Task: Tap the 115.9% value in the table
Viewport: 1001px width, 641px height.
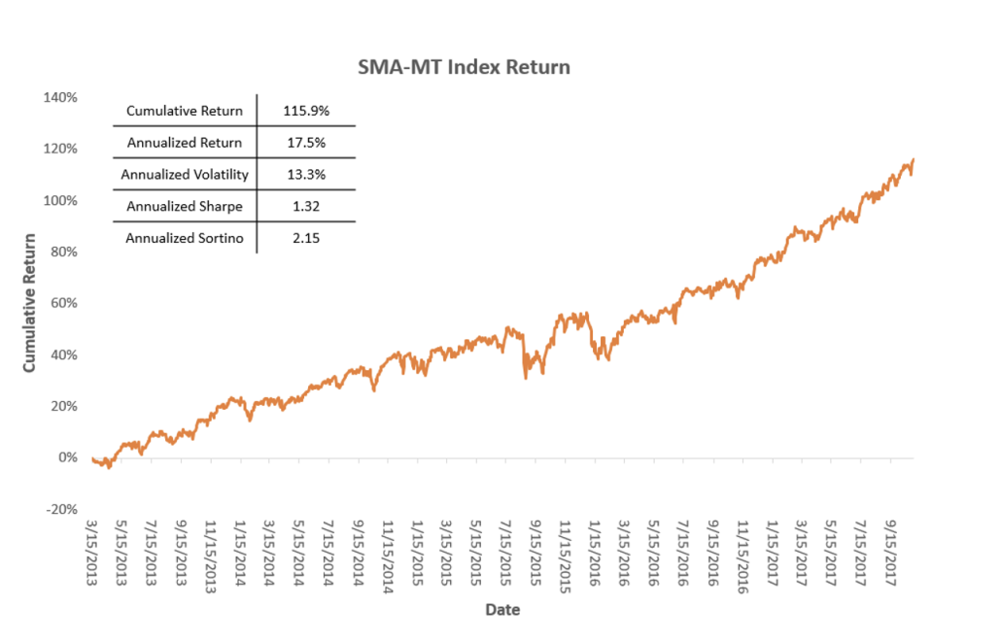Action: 306,111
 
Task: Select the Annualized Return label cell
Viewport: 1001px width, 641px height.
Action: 185,143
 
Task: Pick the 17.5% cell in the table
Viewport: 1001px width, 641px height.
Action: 306,143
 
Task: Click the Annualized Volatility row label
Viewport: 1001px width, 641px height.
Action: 185,175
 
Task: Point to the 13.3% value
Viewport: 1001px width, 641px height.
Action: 306,175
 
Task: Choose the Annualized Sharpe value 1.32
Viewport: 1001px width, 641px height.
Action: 306,207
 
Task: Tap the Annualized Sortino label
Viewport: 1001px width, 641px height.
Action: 185,239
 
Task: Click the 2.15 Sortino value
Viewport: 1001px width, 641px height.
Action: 306,239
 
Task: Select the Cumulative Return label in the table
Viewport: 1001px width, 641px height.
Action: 185,111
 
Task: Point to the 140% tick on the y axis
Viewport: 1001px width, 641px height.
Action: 60,97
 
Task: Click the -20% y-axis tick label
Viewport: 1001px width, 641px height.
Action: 60,509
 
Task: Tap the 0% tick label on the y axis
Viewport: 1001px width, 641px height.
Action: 66,457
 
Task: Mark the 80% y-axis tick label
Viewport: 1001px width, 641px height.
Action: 63,252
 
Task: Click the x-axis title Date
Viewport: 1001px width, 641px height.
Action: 502,610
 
